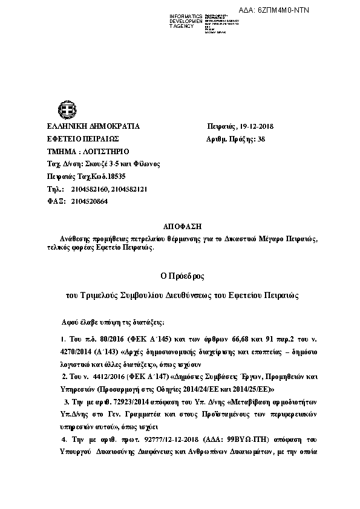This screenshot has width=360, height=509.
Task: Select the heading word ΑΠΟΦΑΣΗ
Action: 179,225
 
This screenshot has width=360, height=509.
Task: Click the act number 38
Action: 261,139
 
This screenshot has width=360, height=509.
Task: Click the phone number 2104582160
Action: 88,189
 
